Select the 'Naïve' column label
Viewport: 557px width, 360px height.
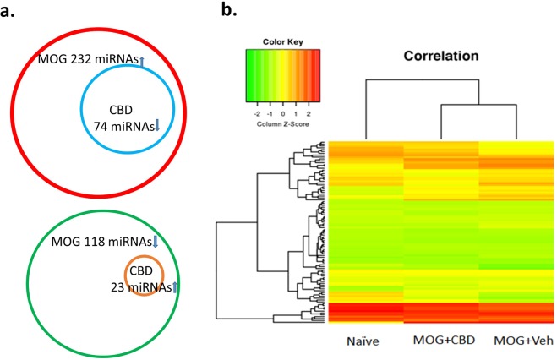click(366, 344)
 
